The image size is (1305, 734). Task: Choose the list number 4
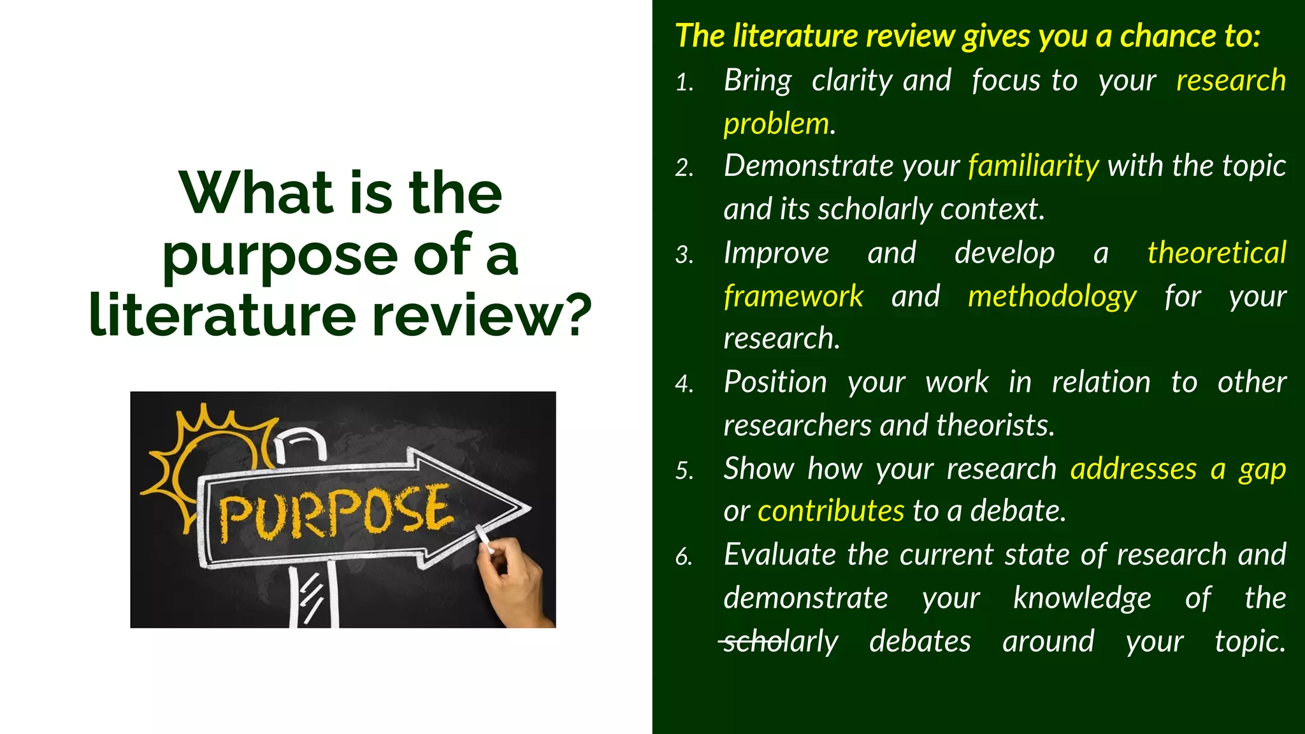click(x=684, y=384)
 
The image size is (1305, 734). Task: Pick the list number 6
click(x=684, y=557)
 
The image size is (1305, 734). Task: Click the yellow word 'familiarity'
click(x=1033, y=166)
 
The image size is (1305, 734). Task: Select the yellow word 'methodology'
click(x=1052, y=297)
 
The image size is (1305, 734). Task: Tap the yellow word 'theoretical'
click(x=1216, y=253)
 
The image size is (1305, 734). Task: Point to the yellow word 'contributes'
click(x=830, y=511)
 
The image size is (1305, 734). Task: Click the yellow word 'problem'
click(x=776, y=124)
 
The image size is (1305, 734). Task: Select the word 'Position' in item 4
click(x=775, y=383)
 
